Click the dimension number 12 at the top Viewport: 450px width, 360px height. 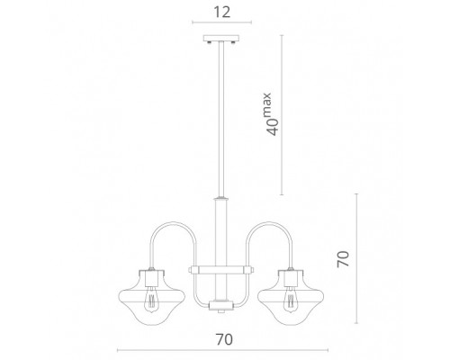222,12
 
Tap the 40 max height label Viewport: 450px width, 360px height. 271,114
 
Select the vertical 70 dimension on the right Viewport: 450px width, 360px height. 343,259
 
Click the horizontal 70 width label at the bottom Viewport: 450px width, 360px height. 224,339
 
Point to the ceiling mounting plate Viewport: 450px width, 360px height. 221,39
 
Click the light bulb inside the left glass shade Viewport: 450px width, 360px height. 152,300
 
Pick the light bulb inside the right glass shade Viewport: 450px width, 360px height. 290,300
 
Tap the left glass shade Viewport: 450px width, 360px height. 152,297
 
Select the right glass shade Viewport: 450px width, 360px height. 291,297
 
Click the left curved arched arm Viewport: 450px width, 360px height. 173,222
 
